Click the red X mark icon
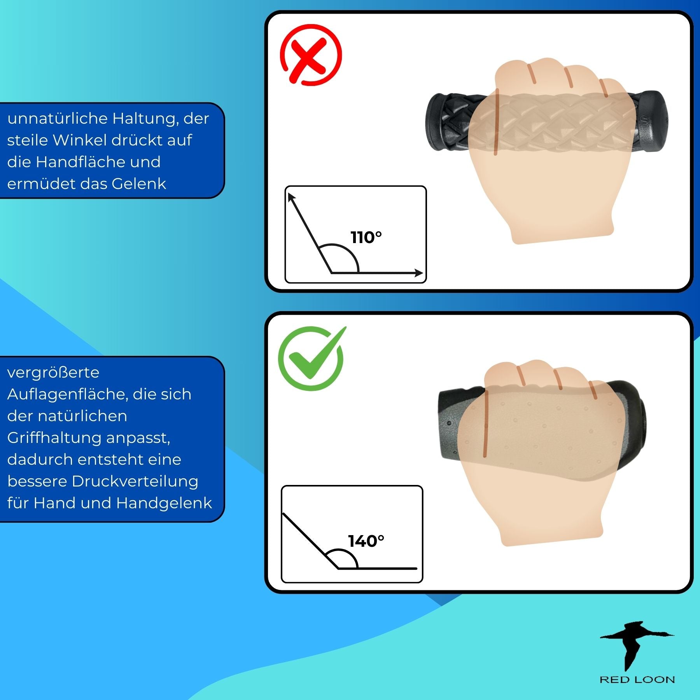[x=311, y=55]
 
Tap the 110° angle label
[x=366, y=237]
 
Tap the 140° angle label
[x=366, y=541]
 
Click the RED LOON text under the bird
[x=637, y=679]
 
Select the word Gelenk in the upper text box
[x=139, y=184]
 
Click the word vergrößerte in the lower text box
[x=53, y=373]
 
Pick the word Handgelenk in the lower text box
[x=164, y=503]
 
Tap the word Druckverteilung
[x=135, y=481]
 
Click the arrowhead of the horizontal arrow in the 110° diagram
[x=419, y=273]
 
